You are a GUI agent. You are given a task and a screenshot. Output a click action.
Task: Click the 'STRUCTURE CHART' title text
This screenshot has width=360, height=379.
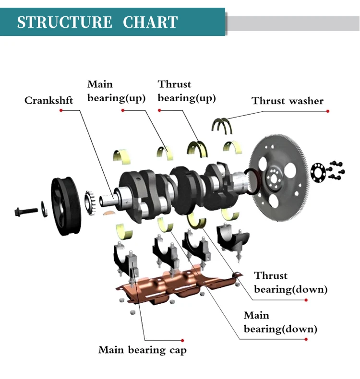point(97,22)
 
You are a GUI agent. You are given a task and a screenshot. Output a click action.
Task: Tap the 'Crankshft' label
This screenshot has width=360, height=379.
point(49,101)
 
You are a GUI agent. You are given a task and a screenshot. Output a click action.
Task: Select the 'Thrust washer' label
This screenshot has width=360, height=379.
point(288,101)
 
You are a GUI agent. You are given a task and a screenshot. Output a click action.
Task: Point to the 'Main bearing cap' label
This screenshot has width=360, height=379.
point(142,350)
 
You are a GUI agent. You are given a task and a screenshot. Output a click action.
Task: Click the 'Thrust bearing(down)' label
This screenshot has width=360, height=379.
point(291,283)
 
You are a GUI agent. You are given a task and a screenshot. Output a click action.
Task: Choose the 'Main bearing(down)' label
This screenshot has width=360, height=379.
point(280,322)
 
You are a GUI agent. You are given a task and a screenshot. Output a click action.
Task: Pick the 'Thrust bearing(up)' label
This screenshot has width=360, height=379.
point(187,91)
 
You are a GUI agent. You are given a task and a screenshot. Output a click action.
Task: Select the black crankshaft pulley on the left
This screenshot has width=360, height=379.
point(64,207)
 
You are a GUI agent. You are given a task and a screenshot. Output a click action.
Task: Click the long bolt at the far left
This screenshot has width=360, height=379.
point(27,210)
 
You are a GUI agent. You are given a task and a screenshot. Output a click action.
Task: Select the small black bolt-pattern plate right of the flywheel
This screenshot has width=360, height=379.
point(318,172)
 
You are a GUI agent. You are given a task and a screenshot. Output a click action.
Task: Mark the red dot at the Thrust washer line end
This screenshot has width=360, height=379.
point(328,111)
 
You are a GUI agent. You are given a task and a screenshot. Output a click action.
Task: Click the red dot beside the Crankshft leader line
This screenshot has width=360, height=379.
point(60,111)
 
